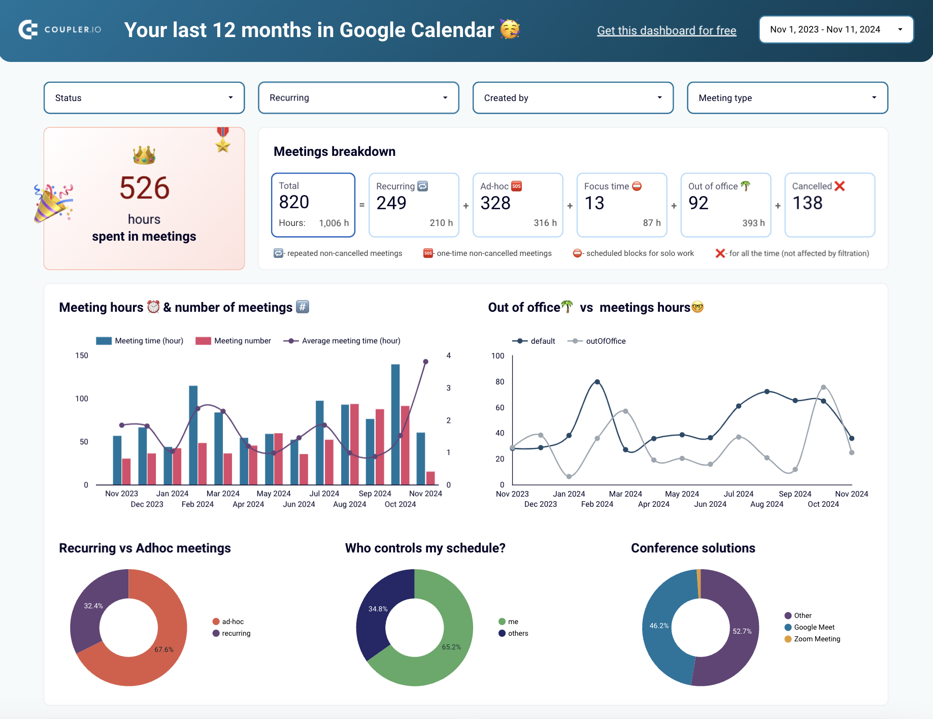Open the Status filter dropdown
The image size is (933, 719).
tap(144, 98)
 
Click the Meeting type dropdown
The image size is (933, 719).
tap(787, 98)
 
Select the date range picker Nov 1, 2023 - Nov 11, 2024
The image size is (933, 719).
tap(836, 29)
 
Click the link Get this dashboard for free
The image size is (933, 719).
tap(666, 30)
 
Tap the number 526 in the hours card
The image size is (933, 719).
tap(144, 188)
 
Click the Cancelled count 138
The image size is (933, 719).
tap(807, 203)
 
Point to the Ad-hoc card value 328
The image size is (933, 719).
tap(495, 203)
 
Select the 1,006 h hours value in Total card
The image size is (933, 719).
tap(334, 223)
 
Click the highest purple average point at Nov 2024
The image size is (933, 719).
tap(425, 362)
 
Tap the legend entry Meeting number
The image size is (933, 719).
tap(234, 341)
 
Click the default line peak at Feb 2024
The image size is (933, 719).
tap(597, 382)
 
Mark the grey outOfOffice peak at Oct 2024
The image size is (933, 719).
tap(823, 387)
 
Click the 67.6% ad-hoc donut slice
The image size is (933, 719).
tap(152, 660)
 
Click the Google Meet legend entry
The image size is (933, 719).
tap(814, 627)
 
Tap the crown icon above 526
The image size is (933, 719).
tap(144, 155)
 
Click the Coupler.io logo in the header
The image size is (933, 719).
tap(60, 29)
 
